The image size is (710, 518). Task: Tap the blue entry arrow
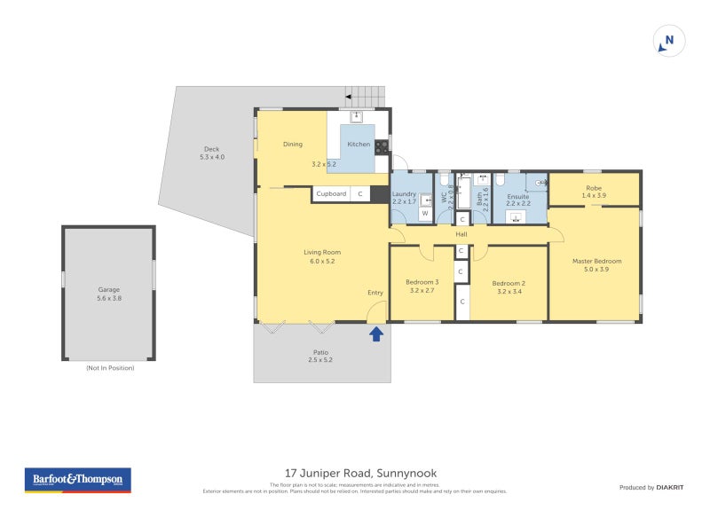pyautogui.click(x=376, y=334)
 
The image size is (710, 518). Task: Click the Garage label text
pyautogui.click(x=108, y=289)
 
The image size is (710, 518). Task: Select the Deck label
pyautogui.click(x=211, y=149)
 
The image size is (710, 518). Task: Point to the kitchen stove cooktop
pyautogui.click(x=381, y=147)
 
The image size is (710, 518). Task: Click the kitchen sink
pyautogui.click(x=357, y=116)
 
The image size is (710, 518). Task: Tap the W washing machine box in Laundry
pyautogui.click(x=424, y=213)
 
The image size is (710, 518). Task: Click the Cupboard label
pyautogui.click(x=331, y=193)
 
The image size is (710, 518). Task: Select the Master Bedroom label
pyautogui.click(x=596, y=261)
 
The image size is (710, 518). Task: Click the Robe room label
pyautogui.click(x=594, y=187)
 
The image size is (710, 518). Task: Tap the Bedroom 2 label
pyautogui.click(x=509, y=282)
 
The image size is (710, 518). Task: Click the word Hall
pyautogui.click(x=461, y=234)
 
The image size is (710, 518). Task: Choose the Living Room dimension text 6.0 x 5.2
pyautogui.click(x=322, y=261)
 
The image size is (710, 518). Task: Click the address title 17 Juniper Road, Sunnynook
pyautogui.click(x=355, y=473)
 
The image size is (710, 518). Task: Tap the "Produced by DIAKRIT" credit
pyautogui.click(x=650, y=487)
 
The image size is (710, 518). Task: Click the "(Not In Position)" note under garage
pyautogui.click(x=109, y=367)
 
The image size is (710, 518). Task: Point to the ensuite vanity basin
pyautogui.click(x=516, y=216)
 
